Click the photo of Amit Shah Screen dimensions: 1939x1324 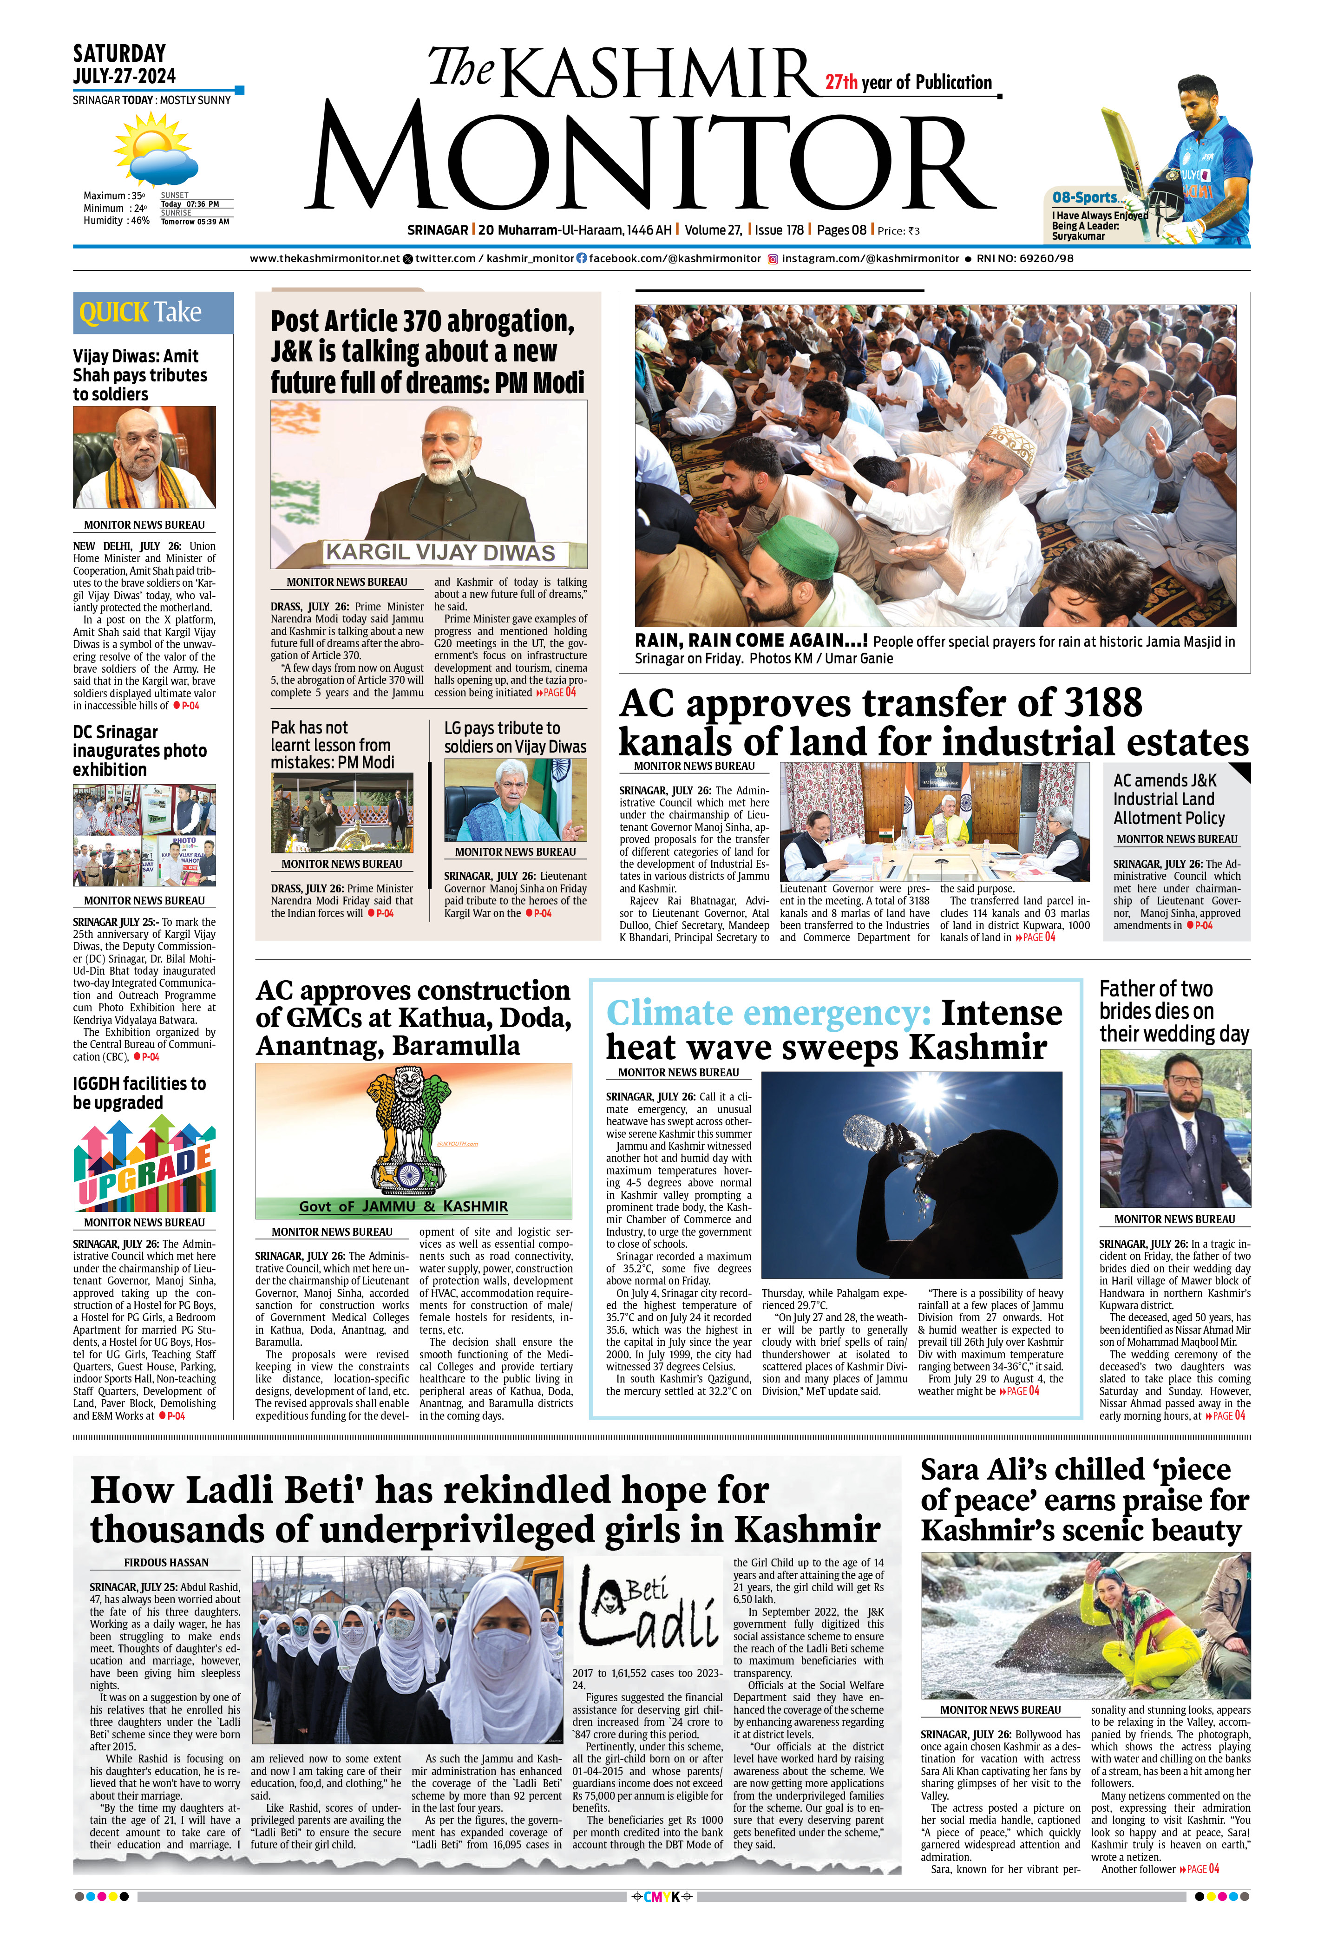tap(144, 457)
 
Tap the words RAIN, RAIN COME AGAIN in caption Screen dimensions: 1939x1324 tap(750, 641)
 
